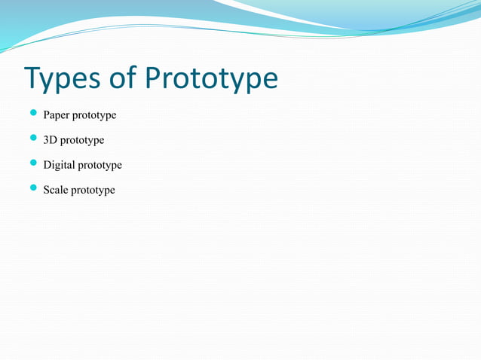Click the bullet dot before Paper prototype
[33, 114]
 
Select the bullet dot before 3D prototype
[33, 139]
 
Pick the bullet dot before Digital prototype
[33, 163]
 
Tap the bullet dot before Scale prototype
[33, 188]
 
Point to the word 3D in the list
[51, 140]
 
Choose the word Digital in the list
[60, 165]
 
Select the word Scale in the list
[56, 190]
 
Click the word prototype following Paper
[96, 116]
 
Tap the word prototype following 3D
[83, 141]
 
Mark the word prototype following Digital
[100, 166]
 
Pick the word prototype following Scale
[93, 191]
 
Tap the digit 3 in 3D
[47, 140]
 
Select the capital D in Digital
[47, 165]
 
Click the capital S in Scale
[47, 190]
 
